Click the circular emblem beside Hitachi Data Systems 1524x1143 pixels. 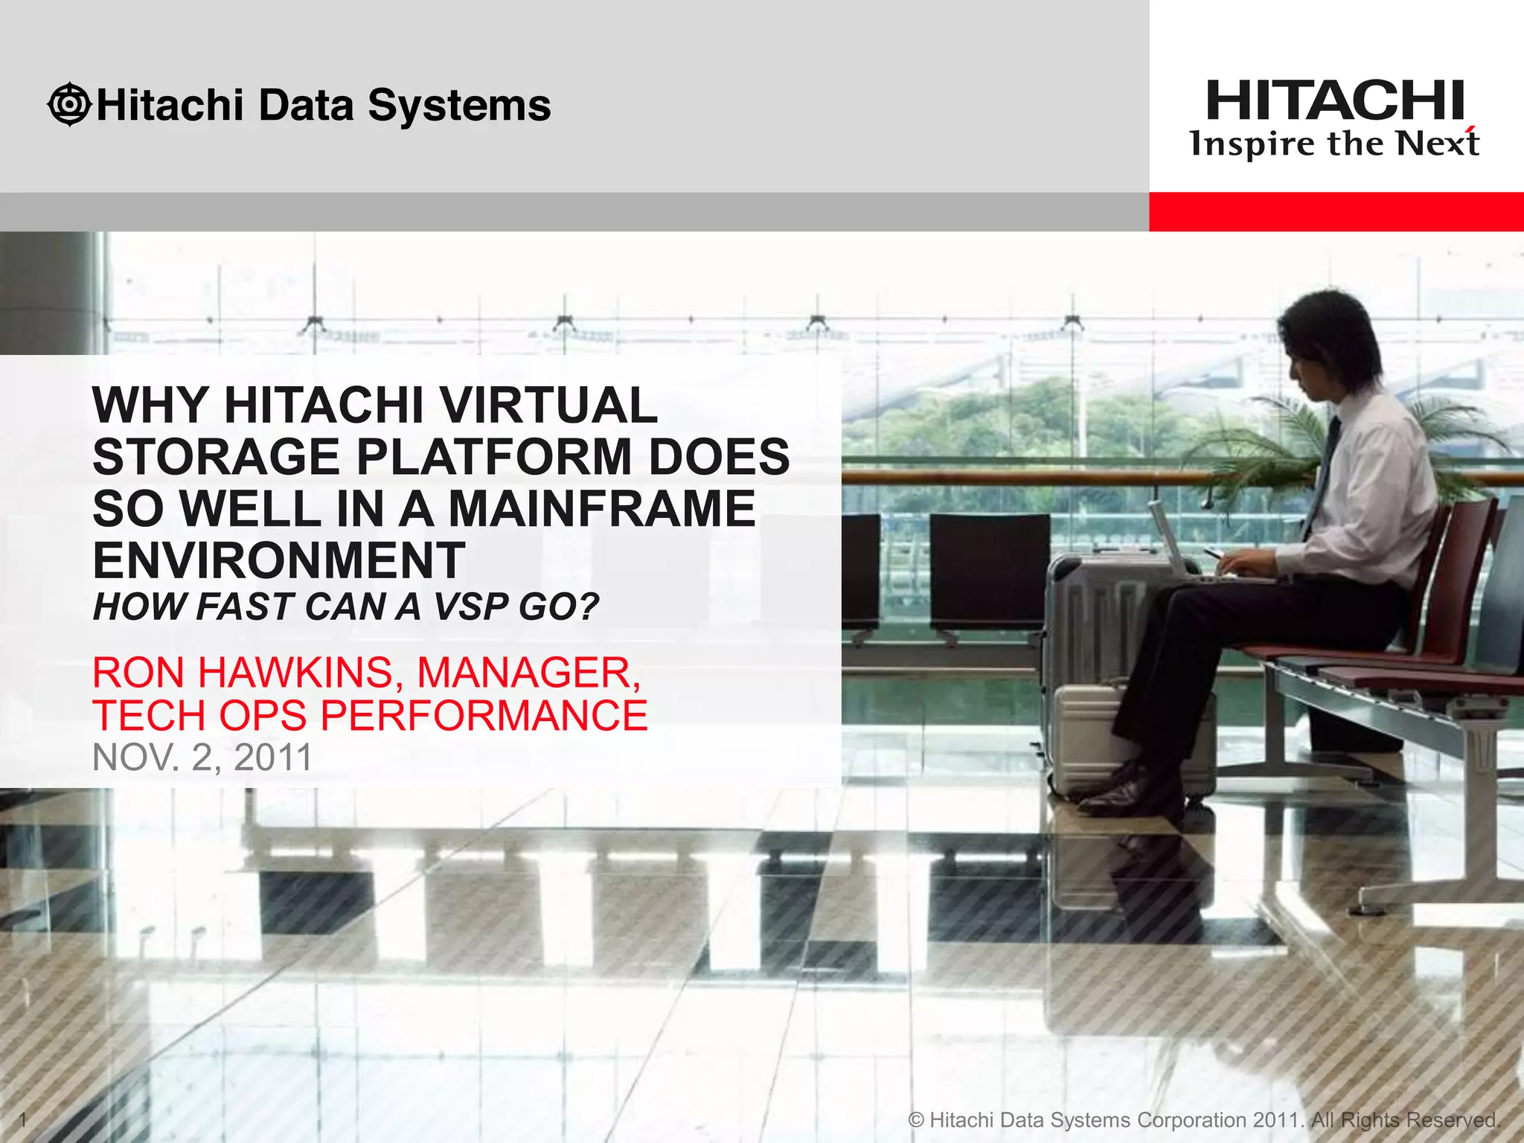[x=69, y=104]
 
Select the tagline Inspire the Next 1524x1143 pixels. [x=1333, y=144]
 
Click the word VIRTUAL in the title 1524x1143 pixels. [x=548, y=405]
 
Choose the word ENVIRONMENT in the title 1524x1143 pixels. [x=279, y=560]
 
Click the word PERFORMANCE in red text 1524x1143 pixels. [x=484, y=716]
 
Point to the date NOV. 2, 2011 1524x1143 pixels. [x=202, y=758]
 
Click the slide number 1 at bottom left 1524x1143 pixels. [x=22, y=1118]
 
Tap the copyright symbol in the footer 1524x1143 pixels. [x=917, y=1119]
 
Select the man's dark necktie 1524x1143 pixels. [x=1322, y=476]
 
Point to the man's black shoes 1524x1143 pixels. [x=1124, y=793]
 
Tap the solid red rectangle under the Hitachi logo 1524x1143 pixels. [x=1336, y=211]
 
